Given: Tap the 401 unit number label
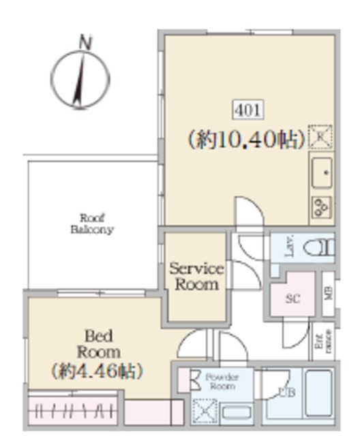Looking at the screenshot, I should click(x=246, y=109).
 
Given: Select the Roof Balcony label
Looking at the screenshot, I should click(x=91, y=223).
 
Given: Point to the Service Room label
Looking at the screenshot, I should click(x=196, y=276).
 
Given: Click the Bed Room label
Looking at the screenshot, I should click(x=98, y=343).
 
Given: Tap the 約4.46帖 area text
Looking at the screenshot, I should click(x=97, y=372).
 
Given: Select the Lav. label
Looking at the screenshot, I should click(x=289, y=247).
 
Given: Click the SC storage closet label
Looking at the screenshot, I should click(x=292, y=298).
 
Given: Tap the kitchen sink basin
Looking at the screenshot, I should click(x=321, y=173).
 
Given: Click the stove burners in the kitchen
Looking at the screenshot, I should click(x=321, y=206).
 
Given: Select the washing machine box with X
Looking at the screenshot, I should click(x=204, y=411).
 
